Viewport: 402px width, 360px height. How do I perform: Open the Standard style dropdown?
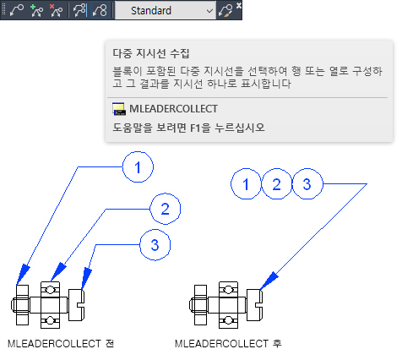click(x=166, y=11)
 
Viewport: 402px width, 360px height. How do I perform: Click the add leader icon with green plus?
click(x=36, y=11)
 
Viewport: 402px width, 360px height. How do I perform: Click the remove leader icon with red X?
click(x=56, y=11)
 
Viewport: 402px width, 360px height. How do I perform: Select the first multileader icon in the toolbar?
click(x=17, y=11)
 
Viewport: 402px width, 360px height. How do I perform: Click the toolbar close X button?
click(x=239, y=5)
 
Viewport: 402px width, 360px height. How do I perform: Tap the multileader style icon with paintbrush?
click(x=225, y=11)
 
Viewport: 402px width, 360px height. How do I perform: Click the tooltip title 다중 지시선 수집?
click(x=151, y=53)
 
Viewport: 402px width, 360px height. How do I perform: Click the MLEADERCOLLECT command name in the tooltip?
click(x=173, y=109)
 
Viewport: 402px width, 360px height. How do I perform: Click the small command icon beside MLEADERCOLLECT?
click(x=119, y=109)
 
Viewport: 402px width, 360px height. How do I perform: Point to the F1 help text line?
click(x=188, y=128)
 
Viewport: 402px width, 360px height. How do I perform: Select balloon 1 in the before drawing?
click(x=138, y=167)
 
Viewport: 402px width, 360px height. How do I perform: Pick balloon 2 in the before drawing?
click(x=165, y=209)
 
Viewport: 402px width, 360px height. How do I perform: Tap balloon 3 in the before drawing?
click(x=155, y=245)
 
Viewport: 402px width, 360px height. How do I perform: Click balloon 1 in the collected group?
click(x=246, y=184)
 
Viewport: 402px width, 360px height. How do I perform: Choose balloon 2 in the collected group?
click(x=277, y=184)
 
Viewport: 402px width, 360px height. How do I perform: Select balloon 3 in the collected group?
click(x=307, y=184)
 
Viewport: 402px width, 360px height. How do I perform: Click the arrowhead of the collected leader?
click(x=269, y=281)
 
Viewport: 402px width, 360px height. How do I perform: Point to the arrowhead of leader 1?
click(x=23, y=275)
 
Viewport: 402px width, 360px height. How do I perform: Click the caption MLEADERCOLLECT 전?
click(x=61, y=344)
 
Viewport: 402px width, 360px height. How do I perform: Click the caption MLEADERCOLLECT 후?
click(x=228, y=344)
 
